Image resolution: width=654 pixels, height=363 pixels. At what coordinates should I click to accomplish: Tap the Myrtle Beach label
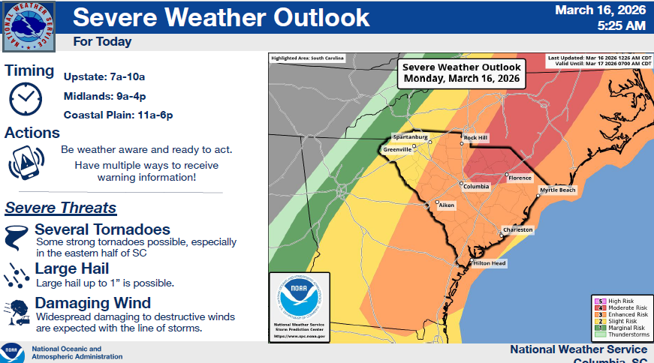557,190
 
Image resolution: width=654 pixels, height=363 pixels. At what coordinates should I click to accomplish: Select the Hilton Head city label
489,263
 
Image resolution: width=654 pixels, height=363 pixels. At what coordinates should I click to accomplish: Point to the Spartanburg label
409,138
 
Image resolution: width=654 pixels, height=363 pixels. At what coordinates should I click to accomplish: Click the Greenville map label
397,150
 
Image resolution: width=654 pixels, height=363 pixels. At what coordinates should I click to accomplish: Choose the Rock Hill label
476,138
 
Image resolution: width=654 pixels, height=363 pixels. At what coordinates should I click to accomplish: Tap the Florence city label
520,178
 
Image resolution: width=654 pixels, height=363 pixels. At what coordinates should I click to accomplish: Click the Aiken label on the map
446,205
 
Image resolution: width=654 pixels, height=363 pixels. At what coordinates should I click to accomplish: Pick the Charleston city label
518,229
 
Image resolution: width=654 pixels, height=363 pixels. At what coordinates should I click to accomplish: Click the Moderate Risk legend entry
620,307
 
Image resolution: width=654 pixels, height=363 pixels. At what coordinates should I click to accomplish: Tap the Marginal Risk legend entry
620,327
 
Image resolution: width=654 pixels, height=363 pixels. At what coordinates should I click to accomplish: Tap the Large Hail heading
72,268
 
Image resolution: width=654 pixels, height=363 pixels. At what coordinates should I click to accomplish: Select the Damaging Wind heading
93,303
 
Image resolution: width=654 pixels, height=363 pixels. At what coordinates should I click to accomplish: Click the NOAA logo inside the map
300,298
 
